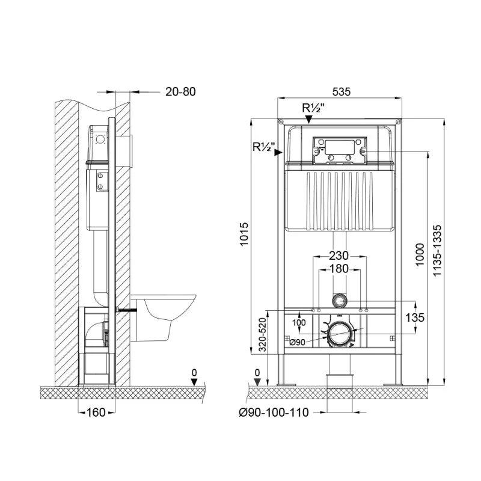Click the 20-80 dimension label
tap(180, 91)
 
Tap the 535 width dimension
tap(341, 91)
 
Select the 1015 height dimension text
tap(244, 234)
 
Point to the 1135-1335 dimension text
tap(437, 251)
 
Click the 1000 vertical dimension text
tap(420, 254)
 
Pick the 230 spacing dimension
tap(339, 256)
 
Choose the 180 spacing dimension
tap(339, 269)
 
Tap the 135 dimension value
tap(415, 317)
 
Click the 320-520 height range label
tap(262, 334)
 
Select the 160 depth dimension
tap(96, 412)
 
